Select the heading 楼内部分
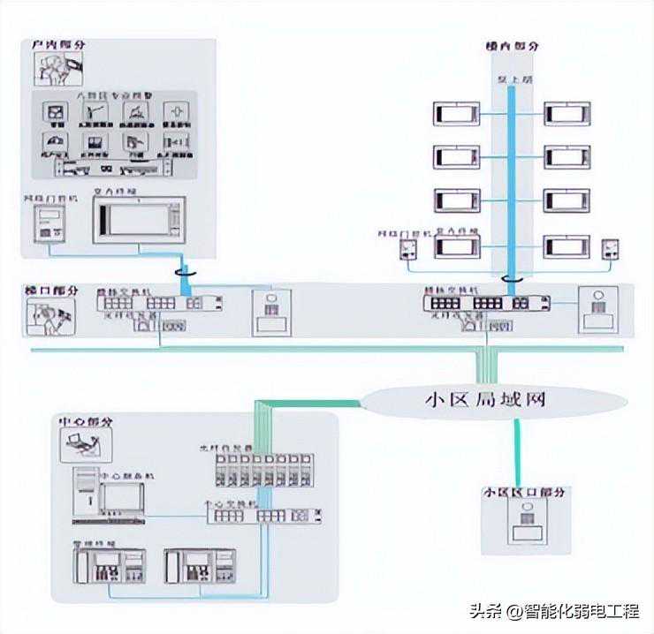(512, 46)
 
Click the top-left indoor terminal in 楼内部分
(457, 114)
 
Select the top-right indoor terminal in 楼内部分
(567, 114)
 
